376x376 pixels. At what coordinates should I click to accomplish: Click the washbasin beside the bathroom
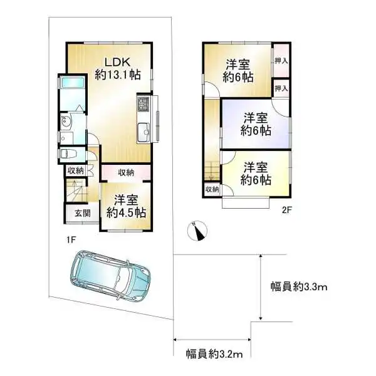coord(66,122)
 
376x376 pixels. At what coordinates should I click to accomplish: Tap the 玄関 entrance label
coord(81,213)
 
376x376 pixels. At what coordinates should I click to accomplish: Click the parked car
coord(112,274)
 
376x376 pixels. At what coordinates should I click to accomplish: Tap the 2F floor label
coord(286,211)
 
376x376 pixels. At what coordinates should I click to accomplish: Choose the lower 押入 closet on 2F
coord(281,88)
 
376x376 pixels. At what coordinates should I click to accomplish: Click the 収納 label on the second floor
coord(210,190)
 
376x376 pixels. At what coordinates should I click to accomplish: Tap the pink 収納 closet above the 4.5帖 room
coord(125,172)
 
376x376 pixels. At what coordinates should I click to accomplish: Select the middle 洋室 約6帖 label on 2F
coord(257,124)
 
